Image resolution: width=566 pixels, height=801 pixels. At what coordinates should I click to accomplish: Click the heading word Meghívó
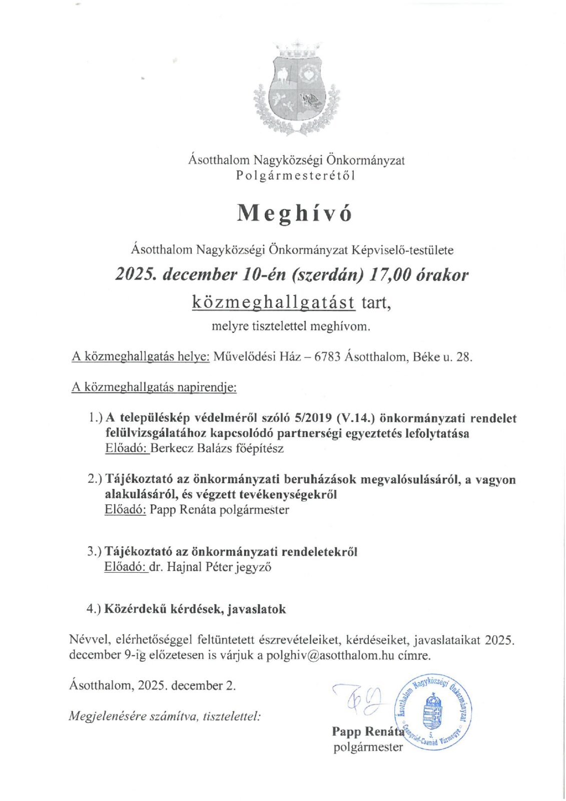click(295, 213)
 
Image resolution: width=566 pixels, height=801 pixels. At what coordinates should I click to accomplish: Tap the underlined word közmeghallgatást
click(274, 302)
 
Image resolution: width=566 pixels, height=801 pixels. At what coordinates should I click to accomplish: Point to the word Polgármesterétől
click(296, 176)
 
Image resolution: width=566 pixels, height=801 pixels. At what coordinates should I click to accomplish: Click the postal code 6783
click(327, 357)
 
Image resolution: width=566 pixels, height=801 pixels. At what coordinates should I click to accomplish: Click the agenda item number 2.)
click(95, 479)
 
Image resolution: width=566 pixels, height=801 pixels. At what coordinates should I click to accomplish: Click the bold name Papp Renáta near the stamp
click(367, 731)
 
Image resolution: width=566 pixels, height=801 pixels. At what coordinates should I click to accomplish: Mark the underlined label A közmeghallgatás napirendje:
click(154, 387)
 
